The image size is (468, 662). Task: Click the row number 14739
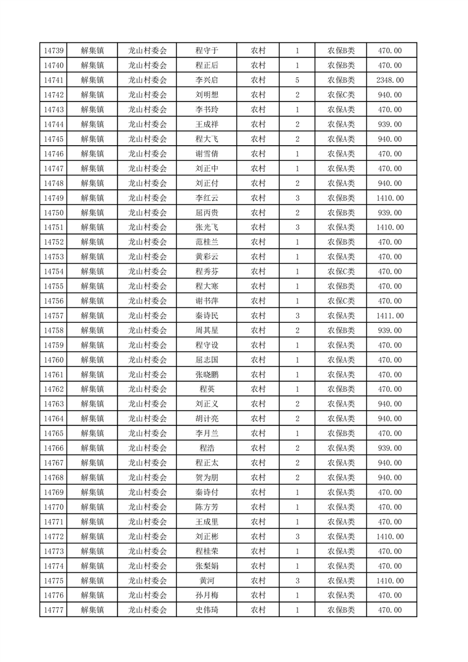click(x=54, y=51)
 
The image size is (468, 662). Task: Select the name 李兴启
click(x=207, y=80)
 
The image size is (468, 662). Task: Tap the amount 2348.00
click(x=390, y=80)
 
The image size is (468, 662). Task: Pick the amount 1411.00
click(x=390, y=316)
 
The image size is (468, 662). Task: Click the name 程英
click(x=207, y=389)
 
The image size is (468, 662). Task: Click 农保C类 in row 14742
click(x=341, y=95)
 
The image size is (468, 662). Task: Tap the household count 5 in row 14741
click(x=297, y=80)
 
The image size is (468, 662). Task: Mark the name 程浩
click(x=207, y=448)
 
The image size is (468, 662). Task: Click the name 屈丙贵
click(x=207, y=213)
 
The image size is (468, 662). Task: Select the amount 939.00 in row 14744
click(x=390, y=124)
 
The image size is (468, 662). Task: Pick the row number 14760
click(x=54, y=360)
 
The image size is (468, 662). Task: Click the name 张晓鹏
click(x=207, y=375)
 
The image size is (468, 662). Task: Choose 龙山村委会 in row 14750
click(x=148, y=213)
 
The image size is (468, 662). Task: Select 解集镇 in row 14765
click(x=92, y=434)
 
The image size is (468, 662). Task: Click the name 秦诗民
click(x=207, y=316)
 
